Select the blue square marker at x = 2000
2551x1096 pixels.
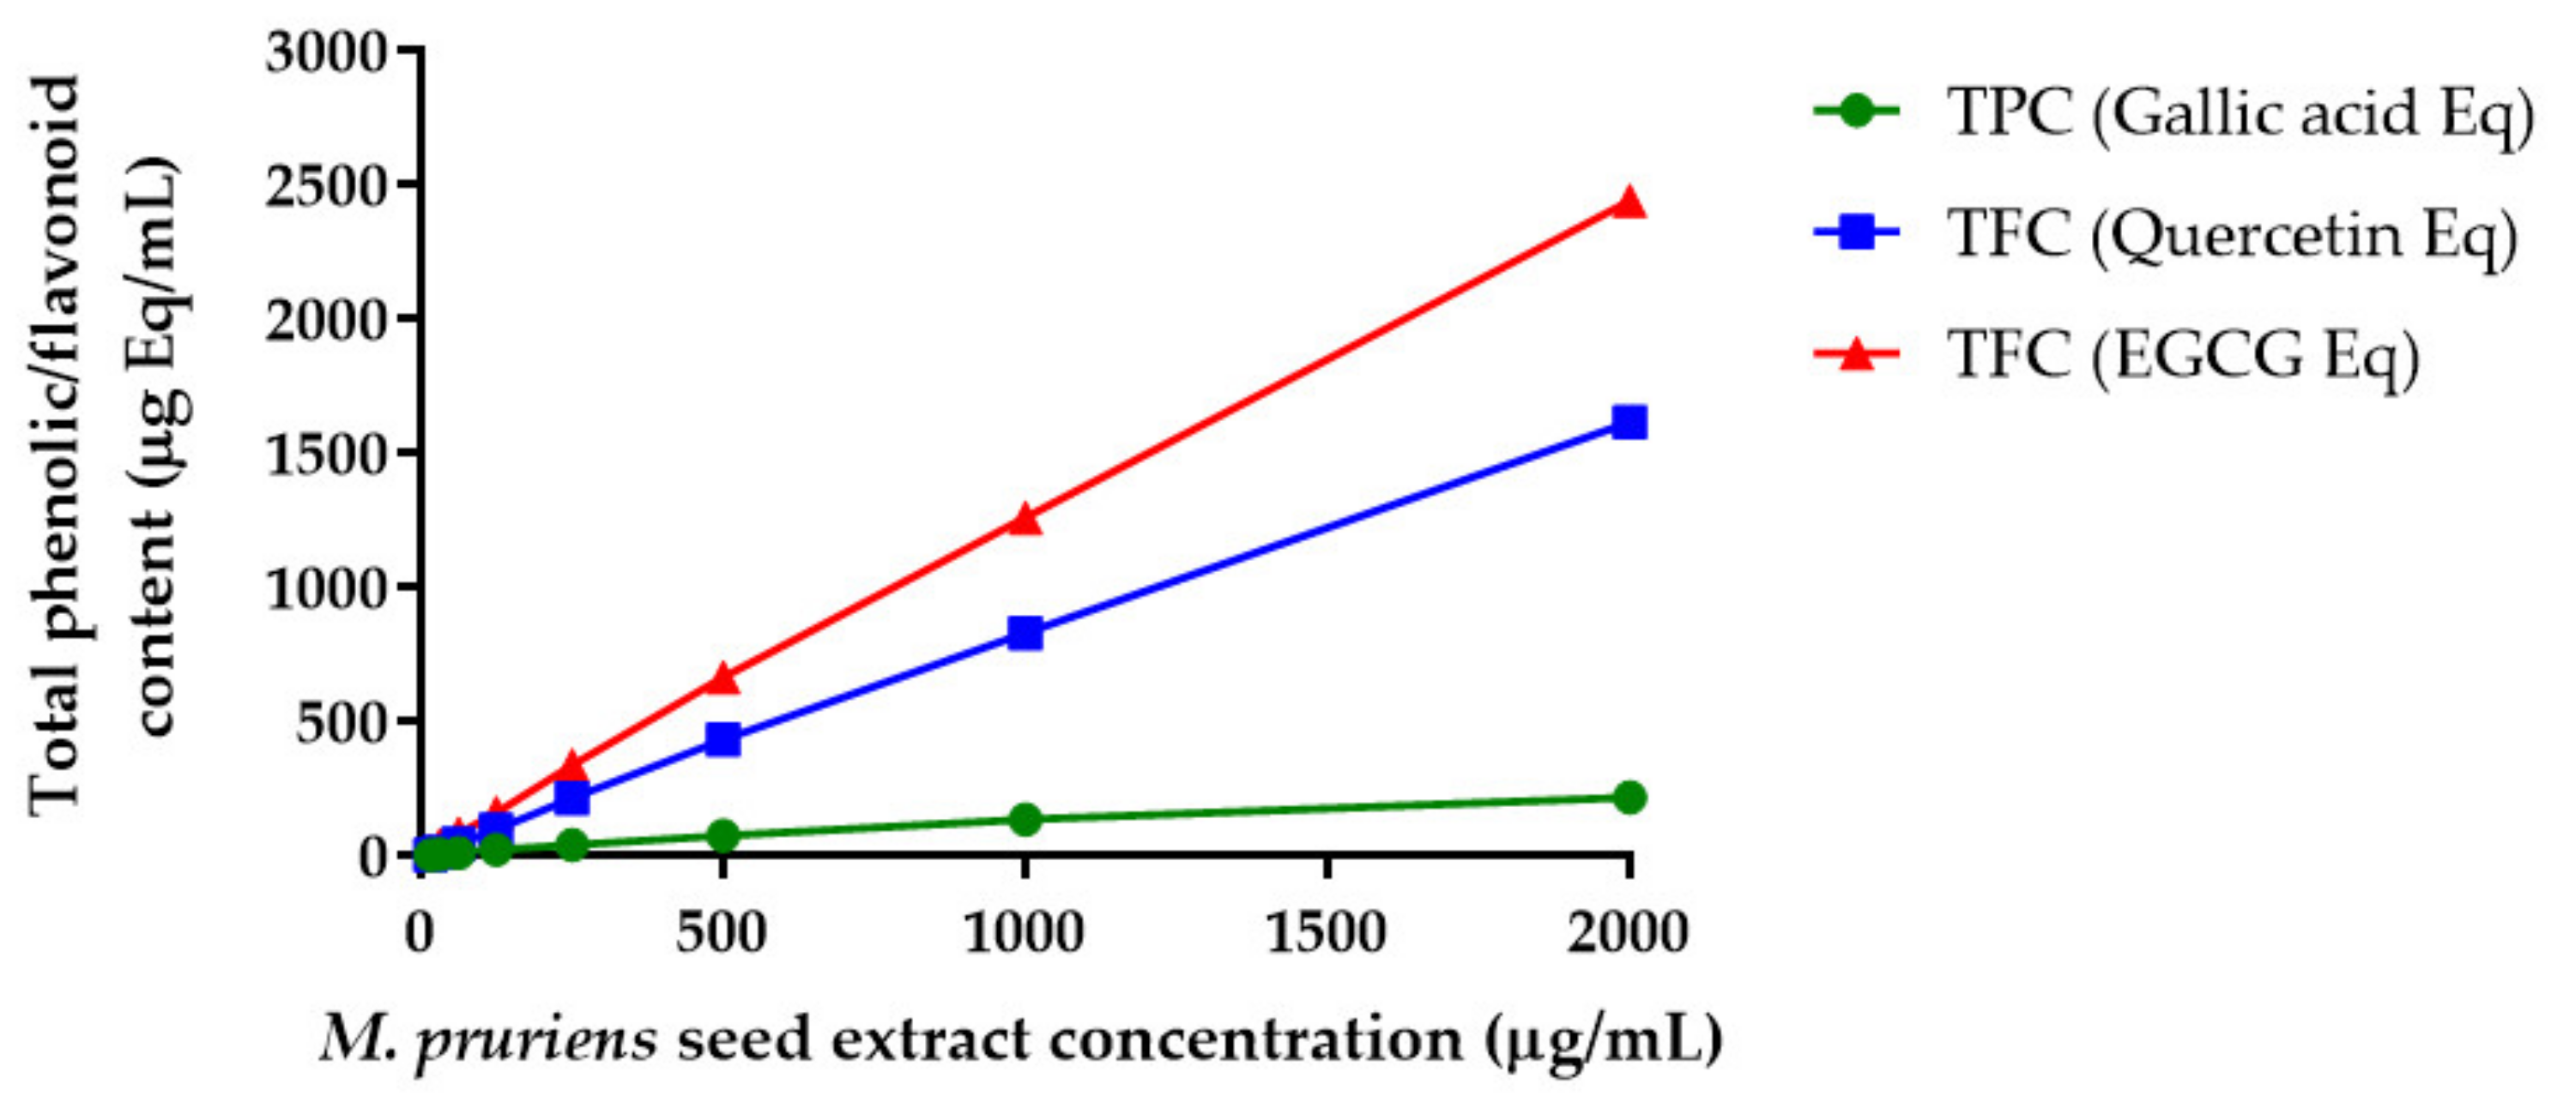coord(1629,423)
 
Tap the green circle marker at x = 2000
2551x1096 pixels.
coord(1629,797)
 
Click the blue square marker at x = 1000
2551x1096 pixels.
coord(1025,632)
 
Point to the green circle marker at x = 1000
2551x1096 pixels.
coord(1025,819)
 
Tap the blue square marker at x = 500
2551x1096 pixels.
coord(723,738)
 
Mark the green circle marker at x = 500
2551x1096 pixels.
coord(723,834)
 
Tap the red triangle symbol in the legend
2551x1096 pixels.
coord(1857,353)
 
